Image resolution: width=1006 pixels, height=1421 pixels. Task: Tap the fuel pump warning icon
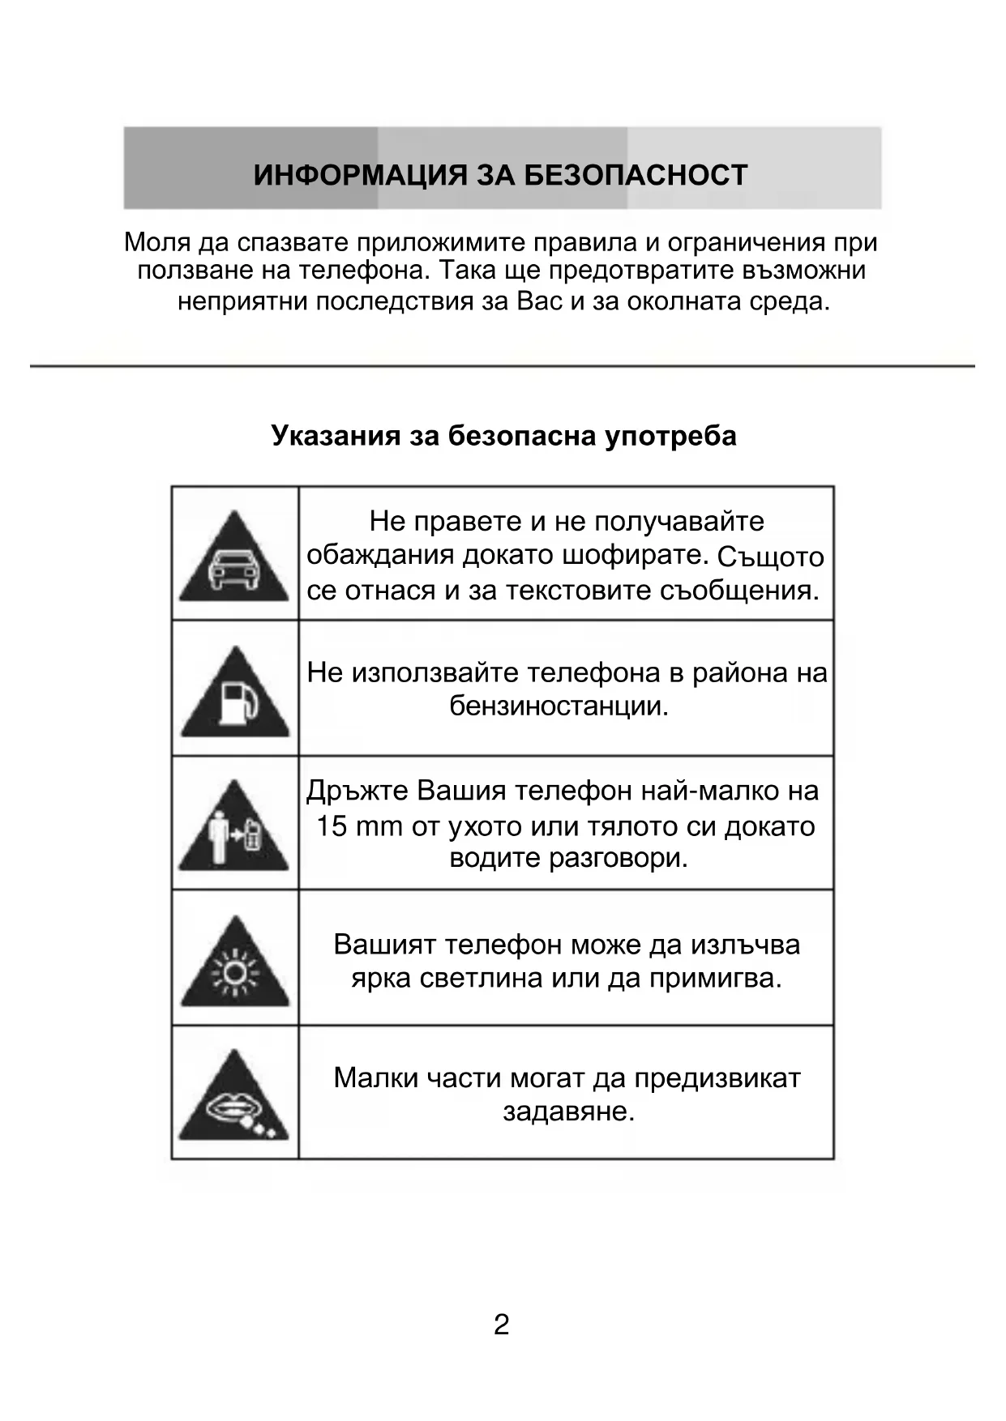235,697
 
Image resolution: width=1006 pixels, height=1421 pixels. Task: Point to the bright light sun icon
234,967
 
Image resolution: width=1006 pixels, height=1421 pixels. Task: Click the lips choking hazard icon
233,1101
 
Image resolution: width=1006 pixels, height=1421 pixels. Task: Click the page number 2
502,1325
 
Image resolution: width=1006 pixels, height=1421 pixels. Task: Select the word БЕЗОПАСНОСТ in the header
636,176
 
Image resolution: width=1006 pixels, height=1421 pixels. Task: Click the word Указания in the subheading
336,436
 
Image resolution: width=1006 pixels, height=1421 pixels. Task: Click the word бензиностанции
559,706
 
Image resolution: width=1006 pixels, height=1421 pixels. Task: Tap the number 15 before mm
332,826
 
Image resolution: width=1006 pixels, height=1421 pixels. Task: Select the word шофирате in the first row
649,556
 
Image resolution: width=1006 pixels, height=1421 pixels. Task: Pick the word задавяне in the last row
567,1112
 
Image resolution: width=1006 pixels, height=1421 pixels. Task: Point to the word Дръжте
357,791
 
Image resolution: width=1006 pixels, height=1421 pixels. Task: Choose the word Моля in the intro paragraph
157,242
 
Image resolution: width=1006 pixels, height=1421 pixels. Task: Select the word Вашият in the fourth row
385,945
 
